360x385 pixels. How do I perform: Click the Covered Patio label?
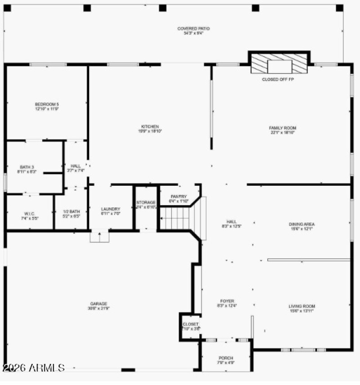coord(193,31)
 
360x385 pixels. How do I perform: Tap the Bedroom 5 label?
coord(47,107)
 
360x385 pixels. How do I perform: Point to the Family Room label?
coord(283,130)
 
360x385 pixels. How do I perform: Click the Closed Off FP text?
coord(278,79)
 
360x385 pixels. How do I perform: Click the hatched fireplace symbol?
coord(279,64)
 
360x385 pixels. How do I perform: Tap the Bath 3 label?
coord(27,169)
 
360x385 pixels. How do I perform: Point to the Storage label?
coord(146,205)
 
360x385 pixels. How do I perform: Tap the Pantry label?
coord(178,199)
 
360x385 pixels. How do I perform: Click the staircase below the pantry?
coord(175,219)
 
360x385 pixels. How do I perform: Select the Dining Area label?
coord(301,226)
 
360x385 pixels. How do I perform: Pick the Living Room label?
coord(301,309)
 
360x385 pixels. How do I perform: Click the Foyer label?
coord(227,303)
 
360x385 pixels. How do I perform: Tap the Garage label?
coord(98,306)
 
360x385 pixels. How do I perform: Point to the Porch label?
coord(226,360)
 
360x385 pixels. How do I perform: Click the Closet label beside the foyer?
coord(190,326)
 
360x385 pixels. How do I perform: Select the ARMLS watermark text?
coord(33,367)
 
